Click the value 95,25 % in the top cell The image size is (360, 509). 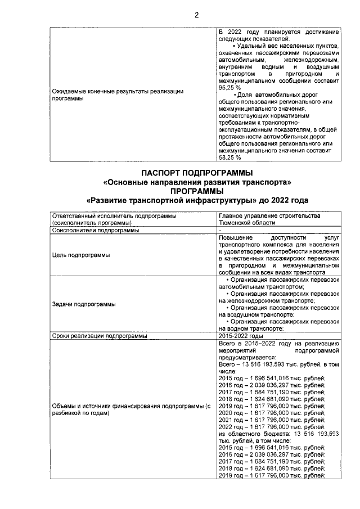[x=229, y=88]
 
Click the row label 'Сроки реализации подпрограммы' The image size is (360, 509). [x=99, y=336]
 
